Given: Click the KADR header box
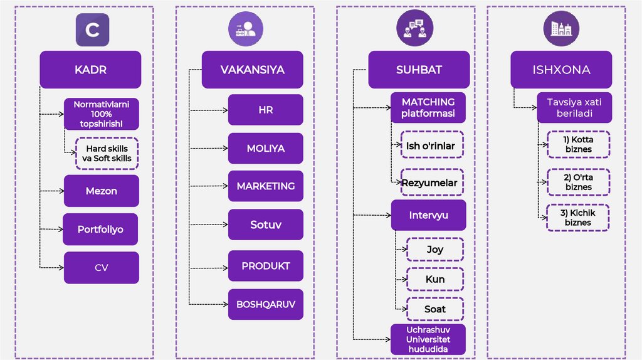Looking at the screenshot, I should (91, 70).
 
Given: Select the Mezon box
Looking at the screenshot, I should (102, 191).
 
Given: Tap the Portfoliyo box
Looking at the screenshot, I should (100, 229).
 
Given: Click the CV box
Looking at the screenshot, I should (102, 268).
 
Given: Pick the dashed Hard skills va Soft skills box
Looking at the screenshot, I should (107, 154).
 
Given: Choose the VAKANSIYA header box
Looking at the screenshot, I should (252, 70).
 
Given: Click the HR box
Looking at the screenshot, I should (265, 110).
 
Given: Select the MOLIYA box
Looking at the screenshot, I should (265, 149).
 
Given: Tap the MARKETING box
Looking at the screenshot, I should (265, 186).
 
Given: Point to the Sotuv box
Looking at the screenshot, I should (265, 225).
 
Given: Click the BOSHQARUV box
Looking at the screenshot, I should (265, 305).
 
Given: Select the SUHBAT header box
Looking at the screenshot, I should (419, 70).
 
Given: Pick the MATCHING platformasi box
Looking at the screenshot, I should (429, 108).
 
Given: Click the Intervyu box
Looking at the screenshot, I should (429, 216).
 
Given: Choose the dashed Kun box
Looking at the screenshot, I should (435, 279).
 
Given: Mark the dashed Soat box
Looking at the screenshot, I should (435, 309).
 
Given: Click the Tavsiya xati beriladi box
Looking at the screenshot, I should (574, 107).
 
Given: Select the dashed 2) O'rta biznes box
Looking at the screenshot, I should (578, 183).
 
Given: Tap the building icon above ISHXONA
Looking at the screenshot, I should (560, 29).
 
